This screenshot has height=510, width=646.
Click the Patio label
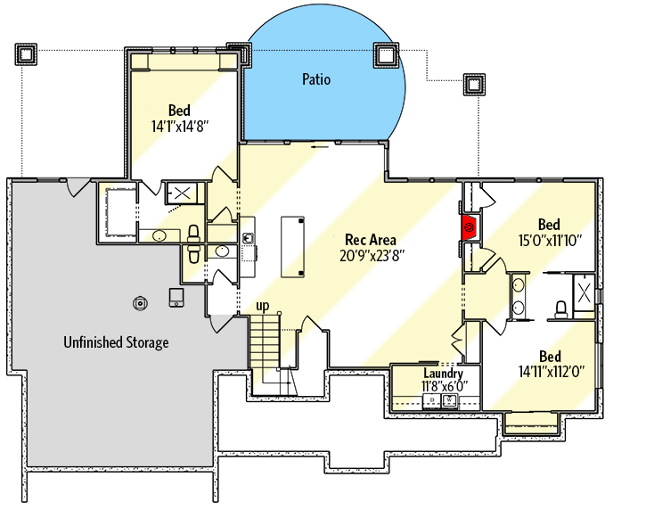[x=315, y=80]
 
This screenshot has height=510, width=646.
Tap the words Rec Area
[x=372, y=240]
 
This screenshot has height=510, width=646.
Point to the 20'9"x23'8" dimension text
[x=372, y=255]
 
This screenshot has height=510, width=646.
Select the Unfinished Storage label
[x=116, y=341]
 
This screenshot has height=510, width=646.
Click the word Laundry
[x=442, y=374]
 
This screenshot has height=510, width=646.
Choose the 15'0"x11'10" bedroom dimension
[x=549, y=239]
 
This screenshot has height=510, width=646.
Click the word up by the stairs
[x=263, y=306]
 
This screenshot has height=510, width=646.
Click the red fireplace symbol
[x=469, y=226]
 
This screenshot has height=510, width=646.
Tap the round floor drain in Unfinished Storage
[x=140, y=302]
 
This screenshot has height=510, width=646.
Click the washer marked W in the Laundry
[x=450, y=401]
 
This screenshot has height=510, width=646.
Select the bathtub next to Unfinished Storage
[x=116, y=210]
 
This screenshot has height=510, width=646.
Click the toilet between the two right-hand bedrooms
[x=561, y=308]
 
